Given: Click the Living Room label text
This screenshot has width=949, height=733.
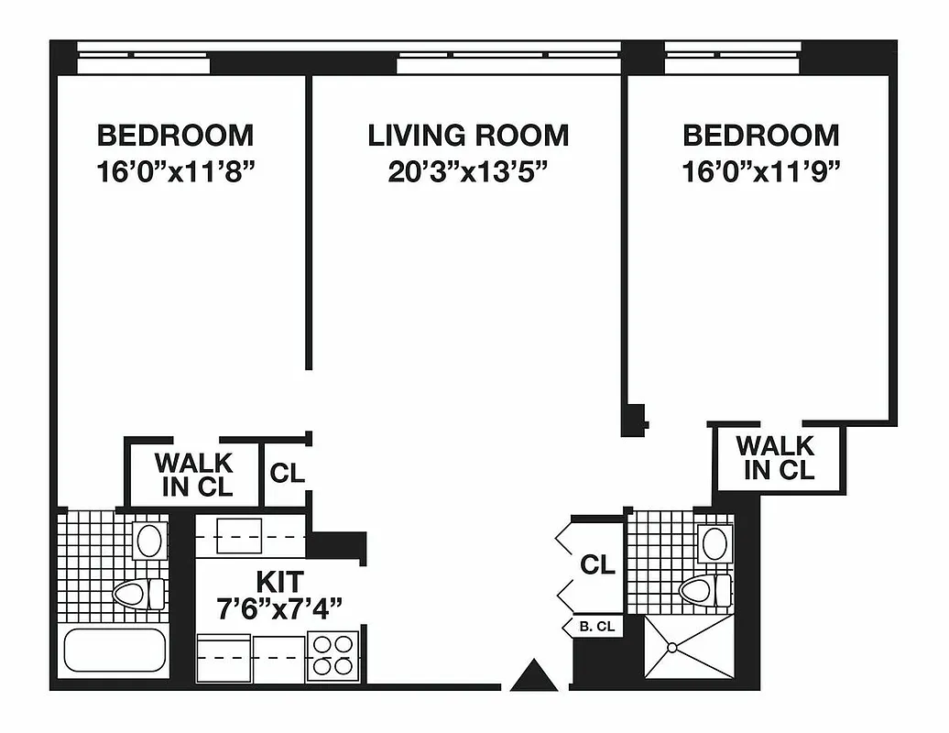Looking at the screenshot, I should click(468, 136).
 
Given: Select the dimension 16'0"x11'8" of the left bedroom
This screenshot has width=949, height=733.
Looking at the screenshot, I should click(175, 172).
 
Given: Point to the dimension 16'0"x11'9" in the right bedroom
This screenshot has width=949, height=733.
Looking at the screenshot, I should click(761, 172).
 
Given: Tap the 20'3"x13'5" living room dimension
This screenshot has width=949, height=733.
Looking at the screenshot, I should click(468, 172).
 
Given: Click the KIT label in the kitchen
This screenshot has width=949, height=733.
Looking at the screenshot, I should click(278, 581).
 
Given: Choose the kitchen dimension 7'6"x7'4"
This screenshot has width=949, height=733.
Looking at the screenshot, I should click(278, 607).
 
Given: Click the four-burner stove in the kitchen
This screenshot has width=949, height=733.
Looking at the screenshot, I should click(333, 656).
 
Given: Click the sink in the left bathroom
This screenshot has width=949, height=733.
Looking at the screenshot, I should click(149, 541).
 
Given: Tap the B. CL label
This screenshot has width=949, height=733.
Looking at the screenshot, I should click(598, 628).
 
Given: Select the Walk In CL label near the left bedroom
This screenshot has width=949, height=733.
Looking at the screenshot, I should click(193, 475).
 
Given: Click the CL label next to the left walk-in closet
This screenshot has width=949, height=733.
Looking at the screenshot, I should click(287, 474).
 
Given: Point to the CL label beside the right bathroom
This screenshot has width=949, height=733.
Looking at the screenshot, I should click(597, 565).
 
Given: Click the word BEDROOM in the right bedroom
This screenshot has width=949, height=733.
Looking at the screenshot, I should click(761, 136).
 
